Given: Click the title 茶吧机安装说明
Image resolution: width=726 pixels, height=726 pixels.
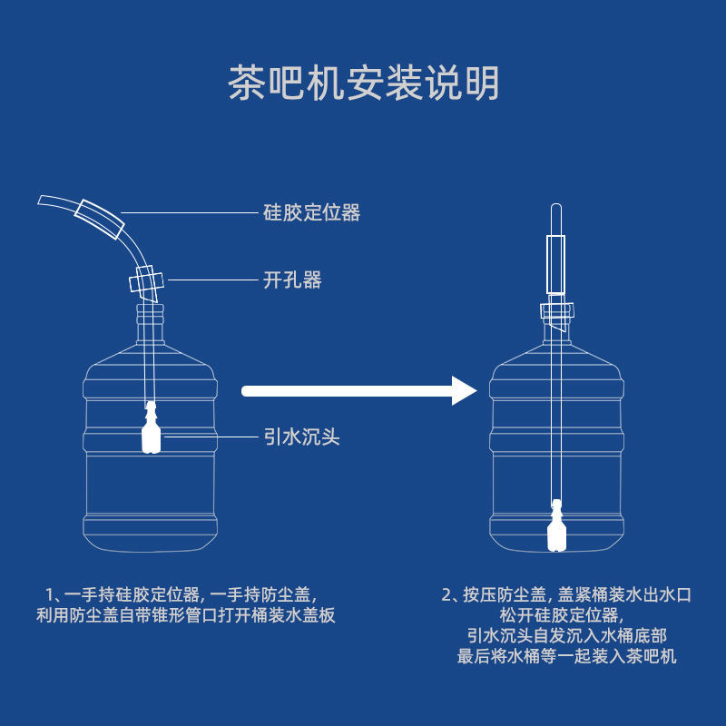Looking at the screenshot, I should coord(363,83).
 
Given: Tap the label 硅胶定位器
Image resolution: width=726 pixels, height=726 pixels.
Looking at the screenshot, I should coord(311,212).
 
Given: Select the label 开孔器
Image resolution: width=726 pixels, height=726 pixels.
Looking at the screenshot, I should coord(292,280).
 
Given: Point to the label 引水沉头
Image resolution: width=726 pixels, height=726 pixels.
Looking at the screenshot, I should coord(301,437).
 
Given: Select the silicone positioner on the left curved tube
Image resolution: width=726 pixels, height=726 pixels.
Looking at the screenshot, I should coord(100,217).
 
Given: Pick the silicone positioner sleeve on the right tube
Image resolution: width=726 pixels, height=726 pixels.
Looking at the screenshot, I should coord(556,266).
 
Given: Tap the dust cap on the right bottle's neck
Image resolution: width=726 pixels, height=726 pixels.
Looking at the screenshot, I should coord(556,311).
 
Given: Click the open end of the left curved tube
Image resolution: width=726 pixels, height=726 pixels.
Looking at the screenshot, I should coord(41,201).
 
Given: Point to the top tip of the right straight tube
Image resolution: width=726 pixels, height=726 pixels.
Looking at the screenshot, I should coord(556,209).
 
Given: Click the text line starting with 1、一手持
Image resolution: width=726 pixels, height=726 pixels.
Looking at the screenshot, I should coord(181,595).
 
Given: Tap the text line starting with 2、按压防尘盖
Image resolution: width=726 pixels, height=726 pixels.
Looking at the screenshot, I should coord(567,595).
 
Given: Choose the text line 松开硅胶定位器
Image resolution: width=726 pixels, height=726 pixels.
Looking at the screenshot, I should coord(567,616).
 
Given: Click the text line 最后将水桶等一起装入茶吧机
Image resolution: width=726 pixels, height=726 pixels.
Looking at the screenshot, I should coord(567,656).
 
